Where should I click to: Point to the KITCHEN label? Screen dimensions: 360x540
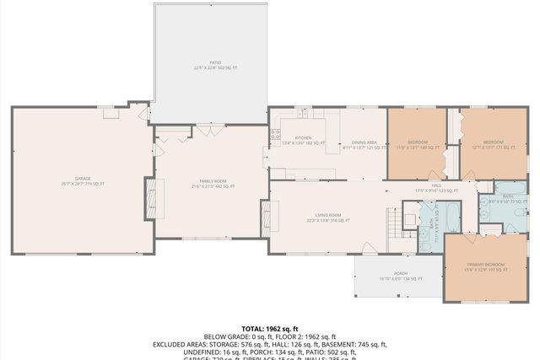click(303, 138)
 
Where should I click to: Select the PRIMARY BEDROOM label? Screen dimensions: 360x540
click(486, 266)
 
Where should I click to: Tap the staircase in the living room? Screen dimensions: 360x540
click(394, 224)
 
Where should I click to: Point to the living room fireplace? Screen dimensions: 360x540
click(273, 218)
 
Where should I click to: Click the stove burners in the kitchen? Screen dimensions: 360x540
click(275, 133)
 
